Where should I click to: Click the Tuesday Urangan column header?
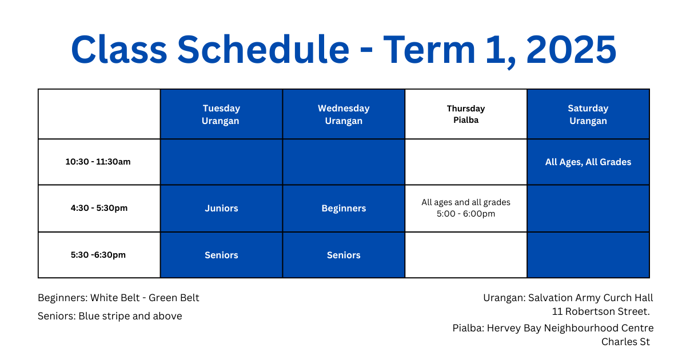coord(221,114)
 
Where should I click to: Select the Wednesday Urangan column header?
coord(344,114)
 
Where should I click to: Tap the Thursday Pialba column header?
coord(466,114)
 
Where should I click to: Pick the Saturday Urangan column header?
coord(588,114)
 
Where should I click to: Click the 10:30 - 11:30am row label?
coord(98,162)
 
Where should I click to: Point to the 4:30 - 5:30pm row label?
coord(99,208)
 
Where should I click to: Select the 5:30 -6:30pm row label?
coord(98,255)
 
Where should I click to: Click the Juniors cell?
coord(221,209)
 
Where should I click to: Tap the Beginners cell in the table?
coord(344,209)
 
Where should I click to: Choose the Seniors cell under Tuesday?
coord(221,255)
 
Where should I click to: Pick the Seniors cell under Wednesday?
coord(344,255)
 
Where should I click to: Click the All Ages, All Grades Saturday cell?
coord(588,162)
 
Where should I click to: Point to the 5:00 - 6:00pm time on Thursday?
coord(466,214)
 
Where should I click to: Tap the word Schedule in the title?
coord(264,50)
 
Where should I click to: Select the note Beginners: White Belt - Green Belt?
coord(118,298)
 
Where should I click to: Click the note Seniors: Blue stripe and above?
coord(110,316)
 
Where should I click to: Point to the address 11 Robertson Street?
coord(601,311)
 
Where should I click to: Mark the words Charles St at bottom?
coord(625,342)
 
